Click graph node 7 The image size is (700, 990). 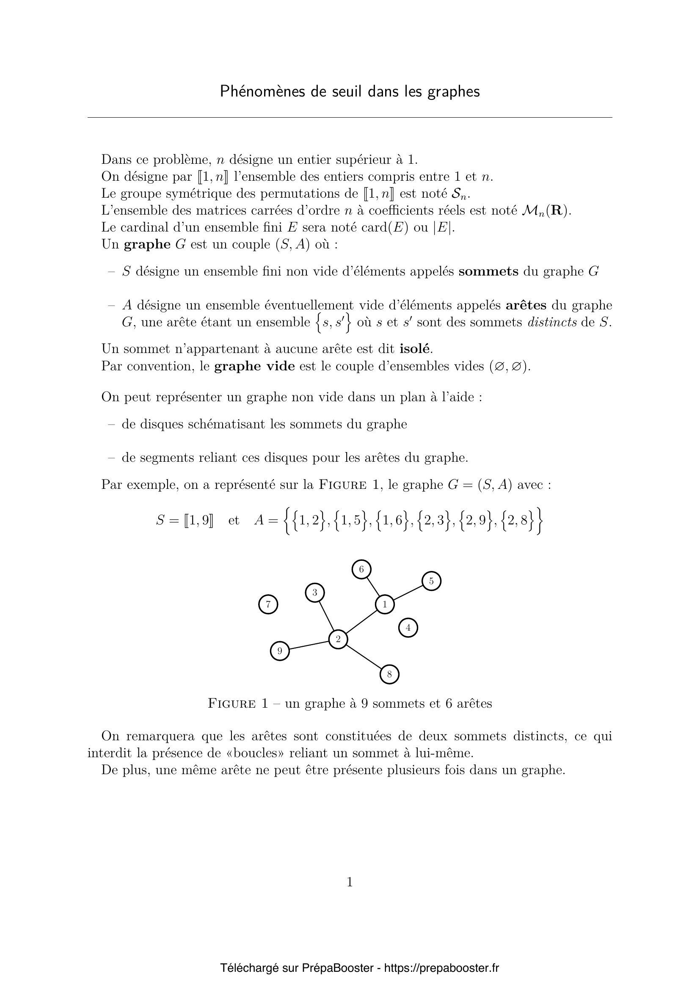coord(268,604)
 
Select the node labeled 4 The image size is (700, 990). coord(408,627)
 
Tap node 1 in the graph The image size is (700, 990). coord(384,604)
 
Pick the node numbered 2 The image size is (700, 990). coord(338,639)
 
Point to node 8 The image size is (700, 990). coord(390,674)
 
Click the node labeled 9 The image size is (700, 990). coord(280,651)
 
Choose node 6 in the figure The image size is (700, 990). coord(361,569)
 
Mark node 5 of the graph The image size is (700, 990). coord(431,581)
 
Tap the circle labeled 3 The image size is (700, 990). coord(314,593)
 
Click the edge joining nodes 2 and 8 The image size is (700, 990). coord(364,657)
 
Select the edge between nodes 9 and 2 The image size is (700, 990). coord(309,645)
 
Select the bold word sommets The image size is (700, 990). coord(488,271)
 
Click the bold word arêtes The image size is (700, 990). coord(526,305)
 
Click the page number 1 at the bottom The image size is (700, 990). coord(350,882)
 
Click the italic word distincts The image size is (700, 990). coord(552,323)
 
